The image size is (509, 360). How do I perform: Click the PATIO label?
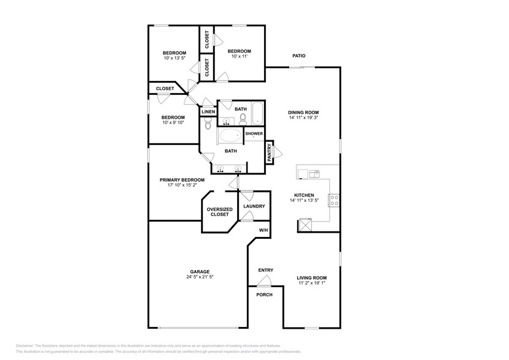coord(298,56)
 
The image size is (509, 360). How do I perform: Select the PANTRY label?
coord(269,152)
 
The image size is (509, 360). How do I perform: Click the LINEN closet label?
coord(208,112)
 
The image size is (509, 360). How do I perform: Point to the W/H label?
coord(263,230)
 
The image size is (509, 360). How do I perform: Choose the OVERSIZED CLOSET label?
coord(219,211)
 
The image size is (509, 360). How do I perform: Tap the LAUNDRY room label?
coord(254,206)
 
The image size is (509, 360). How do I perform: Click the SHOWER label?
coord(254,133)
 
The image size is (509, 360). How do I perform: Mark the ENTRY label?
coord(266,270)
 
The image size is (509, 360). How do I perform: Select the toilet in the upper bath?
coord(243,118)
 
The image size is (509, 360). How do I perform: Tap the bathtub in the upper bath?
coord(257,113)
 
